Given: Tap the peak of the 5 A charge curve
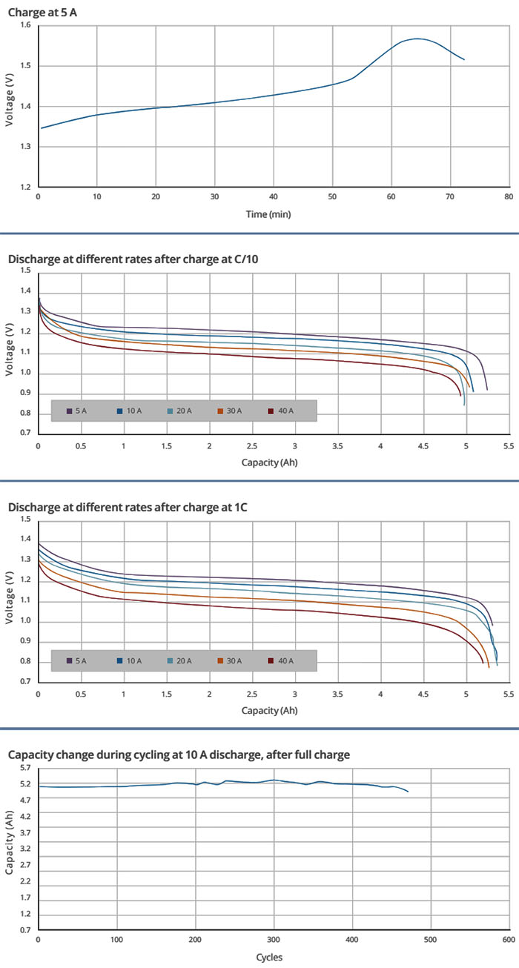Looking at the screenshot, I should [417, 39].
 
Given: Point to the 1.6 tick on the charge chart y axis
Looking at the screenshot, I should [24, 26].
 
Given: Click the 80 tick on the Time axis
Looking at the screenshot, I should [508, 197].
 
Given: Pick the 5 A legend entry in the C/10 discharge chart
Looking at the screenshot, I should [78, 411].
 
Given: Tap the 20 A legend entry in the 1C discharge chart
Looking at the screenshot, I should [180, 660].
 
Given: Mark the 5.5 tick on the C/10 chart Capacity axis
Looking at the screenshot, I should [508, 448].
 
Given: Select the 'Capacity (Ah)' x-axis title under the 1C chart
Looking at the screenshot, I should [270, 710].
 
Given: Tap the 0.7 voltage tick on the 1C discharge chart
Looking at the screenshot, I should [24, 682].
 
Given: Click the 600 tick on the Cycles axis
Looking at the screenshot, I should [508, 940].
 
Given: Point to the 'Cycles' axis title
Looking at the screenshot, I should [269, 957].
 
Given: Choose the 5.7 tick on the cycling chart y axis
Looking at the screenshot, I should [24, 767].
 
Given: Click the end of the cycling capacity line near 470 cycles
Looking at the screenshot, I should [408, 792].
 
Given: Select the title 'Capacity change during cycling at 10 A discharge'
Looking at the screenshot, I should [178, 755].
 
